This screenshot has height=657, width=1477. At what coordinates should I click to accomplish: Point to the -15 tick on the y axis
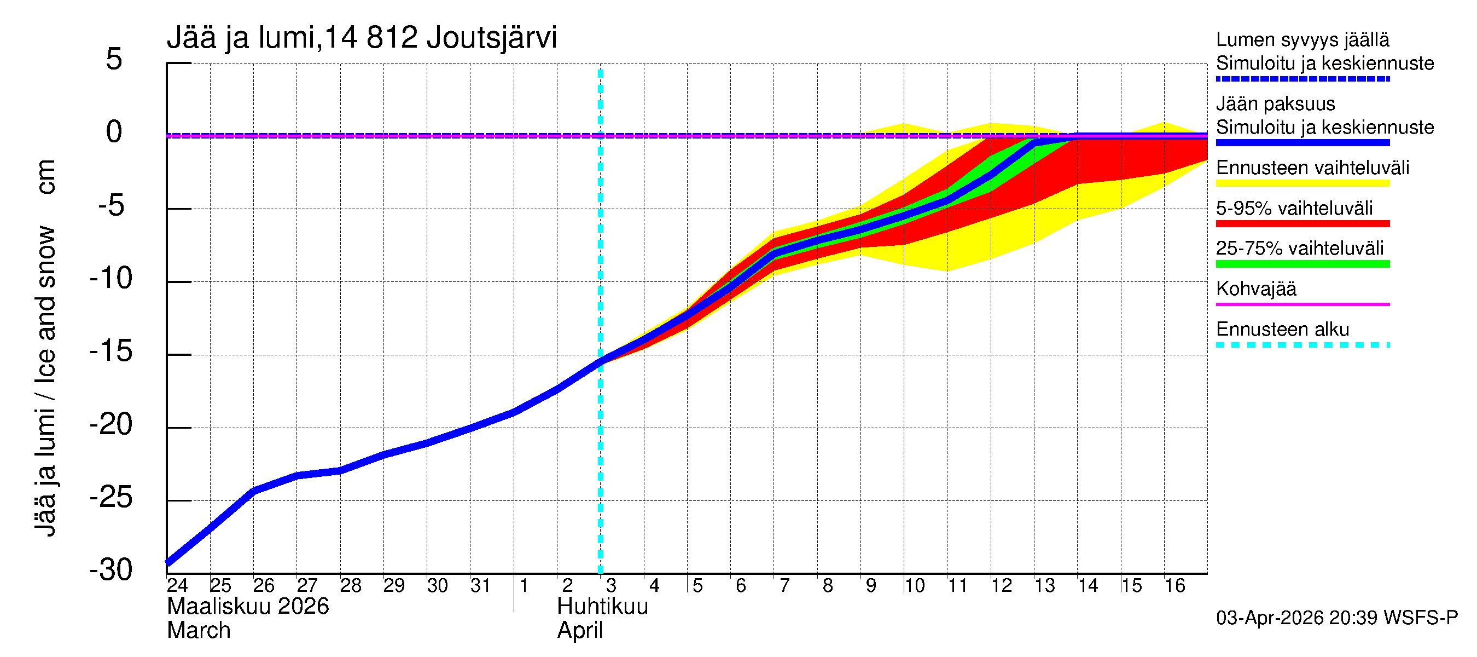click(x=112, y=351)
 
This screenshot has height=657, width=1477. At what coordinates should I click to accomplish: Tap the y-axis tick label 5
click(x=114, y=59)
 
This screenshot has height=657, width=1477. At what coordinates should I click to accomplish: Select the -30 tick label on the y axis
click(x=112, y=570)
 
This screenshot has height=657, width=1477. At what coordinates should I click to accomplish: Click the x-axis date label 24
click(x=177, y=585)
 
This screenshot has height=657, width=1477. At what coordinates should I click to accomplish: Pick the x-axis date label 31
click(x=480, y=585)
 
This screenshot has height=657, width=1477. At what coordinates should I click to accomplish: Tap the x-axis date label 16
click(x=1175, y=585)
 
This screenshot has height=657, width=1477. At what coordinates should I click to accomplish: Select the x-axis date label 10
click(x=914, y=585)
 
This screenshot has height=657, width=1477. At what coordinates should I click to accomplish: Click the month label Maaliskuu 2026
click(x=248, y=607)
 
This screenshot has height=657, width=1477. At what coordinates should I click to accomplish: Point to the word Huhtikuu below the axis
click(x=602, y=607)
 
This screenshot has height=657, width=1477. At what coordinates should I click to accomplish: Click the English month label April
click(x=580, y=631)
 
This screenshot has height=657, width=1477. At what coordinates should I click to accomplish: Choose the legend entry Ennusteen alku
click(x=1283, y=330)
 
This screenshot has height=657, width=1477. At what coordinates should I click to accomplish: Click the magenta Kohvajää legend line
click(x=1302, y=304)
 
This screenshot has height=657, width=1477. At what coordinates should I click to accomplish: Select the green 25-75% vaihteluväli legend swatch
click(x=1302, y=264)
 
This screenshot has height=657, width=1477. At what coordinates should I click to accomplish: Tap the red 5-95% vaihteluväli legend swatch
click(x=1302, y=224)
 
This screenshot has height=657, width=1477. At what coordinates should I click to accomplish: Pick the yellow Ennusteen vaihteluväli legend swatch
click(x=1302, y=183)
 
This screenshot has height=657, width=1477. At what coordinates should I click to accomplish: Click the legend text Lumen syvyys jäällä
click(x=1302, y=39)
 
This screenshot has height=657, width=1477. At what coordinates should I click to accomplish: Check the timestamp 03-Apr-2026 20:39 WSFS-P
click(x=1336, y=618)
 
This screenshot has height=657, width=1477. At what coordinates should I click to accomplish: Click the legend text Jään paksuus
click(x=1275, y=104)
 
